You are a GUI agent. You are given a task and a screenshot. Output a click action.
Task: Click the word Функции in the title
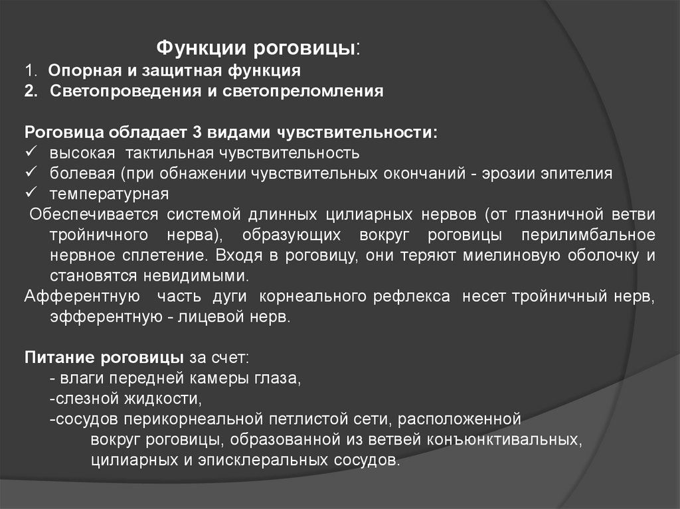[x=201, y=48]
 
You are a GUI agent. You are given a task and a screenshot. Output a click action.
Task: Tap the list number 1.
[x=29, y=70]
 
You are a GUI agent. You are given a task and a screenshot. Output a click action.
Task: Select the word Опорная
[x=85, y=71]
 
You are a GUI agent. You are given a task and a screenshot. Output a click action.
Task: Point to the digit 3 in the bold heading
[x=197, y=133]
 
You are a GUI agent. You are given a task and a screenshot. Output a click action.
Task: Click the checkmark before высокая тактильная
[x=31, y=152]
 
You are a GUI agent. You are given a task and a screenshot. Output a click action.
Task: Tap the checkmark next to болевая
[x=31, y=172]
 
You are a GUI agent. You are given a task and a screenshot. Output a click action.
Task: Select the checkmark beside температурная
[x=31, y=192]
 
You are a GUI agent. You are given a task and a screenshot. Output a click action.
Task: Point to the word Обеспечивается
[x=94, y=214]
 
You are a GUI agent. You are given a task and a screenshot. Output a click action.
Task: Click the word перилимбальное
[x=588, y=235]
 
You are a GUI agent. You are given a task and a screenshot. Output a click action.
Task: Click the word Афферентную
[x=82, y=297]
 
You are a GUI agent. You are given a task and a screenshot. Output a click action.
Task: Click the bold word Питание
[x=60, y=358]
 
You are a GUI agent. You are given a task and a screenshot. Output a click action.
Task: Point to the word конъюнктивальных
[x=505, y=440]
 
